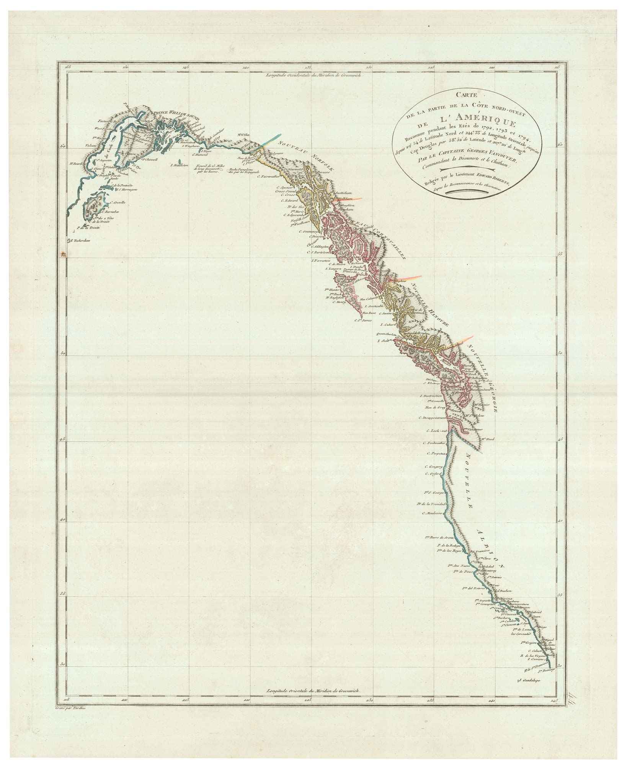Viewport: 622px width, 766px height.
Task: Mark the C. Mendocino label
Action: [x=433, y=512]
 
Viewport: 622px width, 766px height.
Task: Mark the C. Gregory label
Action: [x=433, y=466]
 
